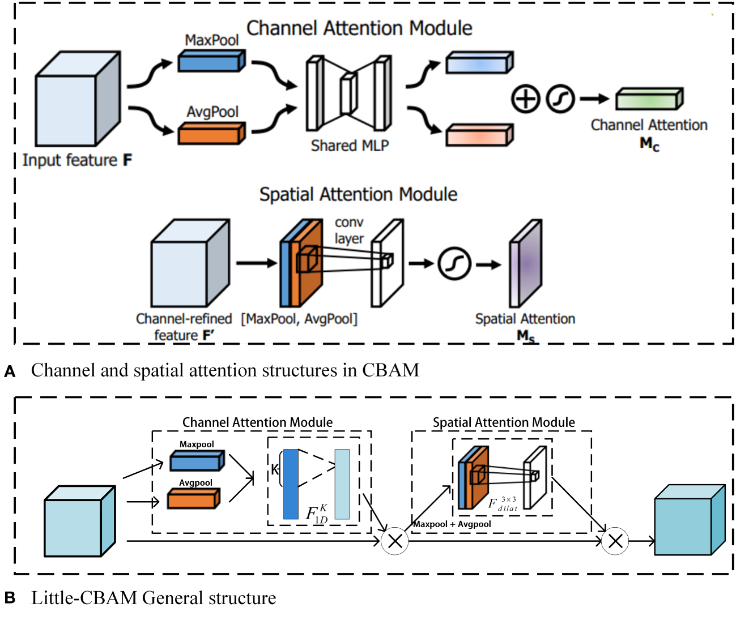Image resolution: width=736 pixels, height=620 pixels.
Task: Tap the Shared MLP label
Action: pos(350,146)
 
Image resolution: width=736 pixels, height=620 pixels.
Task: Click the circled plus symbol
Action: pos(525,99)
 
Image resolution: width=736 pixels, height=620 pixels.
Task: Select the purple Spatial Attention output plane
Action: pos(525,263)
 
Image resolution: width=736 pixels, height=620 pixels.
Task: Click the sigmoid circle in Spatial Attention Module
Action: pos(454,264)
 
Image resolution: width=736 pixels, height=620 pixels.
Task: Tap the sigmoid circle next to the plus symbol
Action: pos(560,99)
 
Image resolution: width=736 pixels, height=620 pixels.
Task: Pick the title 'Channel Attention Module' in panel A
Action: pos(359,28)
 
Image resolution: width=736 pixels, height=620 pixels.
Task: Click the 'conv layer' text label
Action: pos(349,230)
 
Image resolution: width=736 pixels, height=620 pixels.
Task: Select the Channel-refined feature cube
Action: pos(190,263)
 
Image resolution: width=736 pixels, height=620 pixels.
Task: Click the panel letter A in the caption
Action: pos(10,372)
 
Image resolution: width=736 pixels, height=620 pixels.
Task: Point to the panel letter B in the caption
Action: pos(10,598)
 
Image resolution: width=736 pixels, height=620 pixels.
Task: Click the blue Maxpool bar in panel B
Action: pos(197,461)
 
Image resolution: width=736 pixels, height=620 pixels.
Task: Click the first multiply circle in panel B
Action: pos(395,541)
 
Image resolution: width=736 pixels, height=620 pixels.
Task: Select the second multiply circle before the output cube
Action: pos(615,541)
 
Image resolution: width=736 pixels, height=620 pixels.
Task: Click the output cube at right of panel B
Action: pos(689,520)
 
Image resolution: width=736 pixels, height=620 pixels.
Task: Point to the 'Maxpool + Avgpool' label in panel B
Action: pos(452,524)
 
